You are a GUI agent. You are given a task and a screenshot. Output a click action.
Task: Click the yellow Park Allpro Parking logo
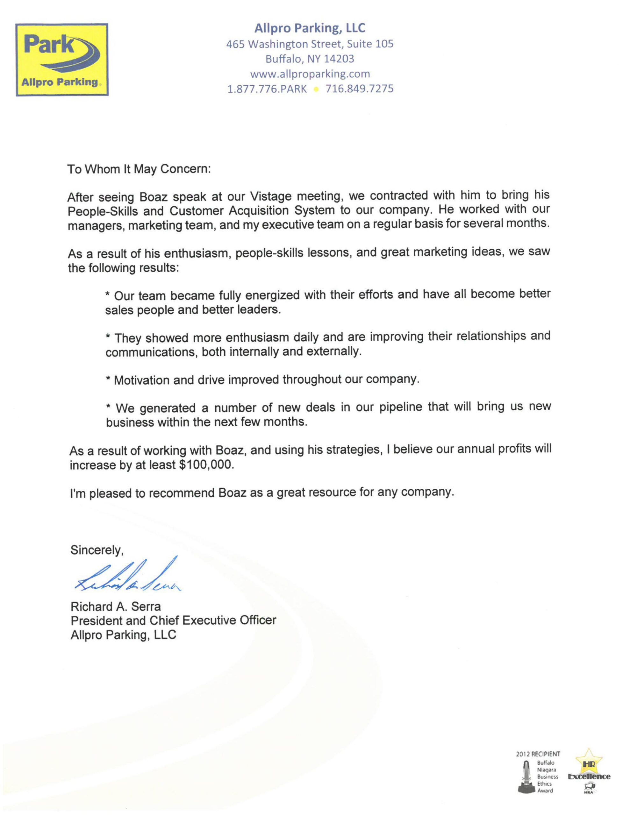62,60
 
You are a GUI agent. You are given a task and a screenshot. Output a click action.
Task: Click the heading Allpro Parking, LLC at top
310,28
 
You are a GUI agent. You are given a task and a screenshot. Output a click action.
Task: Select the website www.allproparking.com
310,74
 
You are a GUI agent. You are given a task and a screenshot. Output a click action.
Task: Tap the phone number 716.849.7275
359,89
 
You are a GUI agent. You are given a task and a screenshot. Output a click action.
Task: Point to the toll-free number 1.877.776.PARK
267,89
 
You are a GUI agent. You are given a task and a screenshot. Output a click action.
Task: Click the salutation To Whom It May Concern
139,169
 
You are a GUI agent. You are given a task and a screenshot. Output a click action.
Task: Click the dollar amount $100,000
206,465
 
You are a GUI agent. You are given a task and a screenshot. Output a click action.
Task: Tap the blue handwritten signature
127,577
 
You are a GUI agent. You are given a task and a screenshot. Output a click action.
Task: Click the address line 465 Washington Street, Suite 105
310,44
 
